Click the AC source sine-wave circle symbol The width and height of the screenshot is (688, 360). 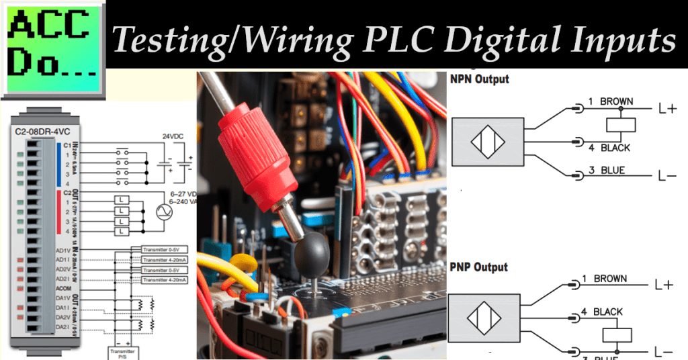(x=164, y=212)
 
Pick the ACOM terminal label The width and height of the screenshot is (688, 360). (x=62, y=288)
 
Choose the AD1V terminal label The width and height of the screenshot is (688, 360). (x=62, y=250)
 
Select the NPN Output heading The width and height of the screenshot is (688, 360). (x=479, y=79)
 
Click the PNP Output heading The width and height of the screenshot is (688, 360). (x=478, y=267)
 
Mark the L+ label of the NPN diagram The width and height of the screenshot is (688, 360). (x=667, y=108)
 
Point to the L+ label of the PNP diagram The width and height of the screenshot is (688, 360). (x=664, y=285)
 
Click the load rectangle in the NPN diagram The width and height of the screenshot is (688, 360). (x=621, y=124)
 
